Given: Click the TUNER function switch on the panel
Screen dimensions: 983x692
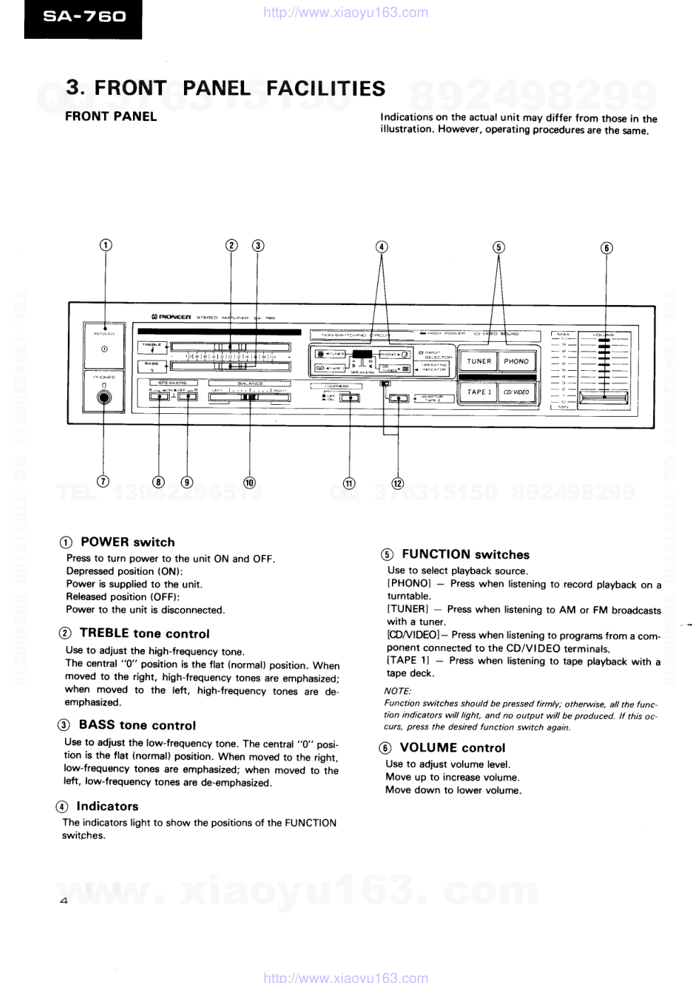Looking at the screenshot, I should click(x=479, y=361).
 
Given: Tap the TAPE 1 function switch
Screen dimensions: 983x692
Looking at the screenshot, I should click(x=479, y=391).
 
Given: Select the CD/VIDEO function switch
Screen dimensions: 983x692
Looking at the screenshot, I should click(x=517, y=391).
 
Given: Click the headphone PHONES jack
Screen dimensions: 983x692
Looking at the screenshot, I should click(x=104, y=398).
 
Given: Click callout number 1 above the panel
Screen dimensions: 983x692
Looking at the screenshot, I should click(x=105, y=245).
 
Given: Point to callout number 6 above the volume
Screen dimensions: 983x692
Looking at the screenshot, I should click(x=606, y=248).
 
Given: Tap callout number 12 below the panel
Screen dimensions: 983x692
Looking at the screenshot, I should click(x=398, y=483).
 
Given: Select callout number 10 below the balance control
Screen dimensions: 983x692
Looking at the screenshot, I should click(x=249, y=483).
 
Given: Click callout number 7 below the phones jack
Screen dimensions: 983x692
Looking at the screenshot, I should click(x=103, y=481).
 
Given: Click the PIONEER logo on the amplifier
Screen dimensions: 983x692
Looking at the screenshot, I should click(x=171, y=317).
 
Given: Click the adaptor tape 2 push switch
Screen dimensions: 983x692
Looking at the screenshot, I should click(x=399, y=398).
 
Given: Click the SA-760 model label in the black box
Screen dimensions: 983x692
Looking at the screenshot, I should click(x=84, y=16).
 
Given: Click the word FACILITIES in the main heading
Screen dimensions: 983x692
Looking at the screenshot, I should click(x=325, y=88).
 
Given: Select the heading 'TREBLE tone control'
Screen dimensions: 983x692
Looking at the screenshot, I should click(x=144, y=633).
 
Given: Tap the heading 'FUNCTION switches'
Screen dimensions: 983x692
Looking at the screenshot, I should click(x=465, y=554).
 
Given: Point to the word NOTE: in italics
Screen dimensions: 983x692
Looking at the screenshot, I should click(x=398, y=691).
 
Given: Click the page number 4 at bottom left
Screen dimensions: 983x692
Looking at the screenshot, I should click(x=64, y=901).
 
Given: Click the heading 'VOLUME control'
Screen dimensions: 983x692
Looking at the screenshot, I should click(x=452, y=747).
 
